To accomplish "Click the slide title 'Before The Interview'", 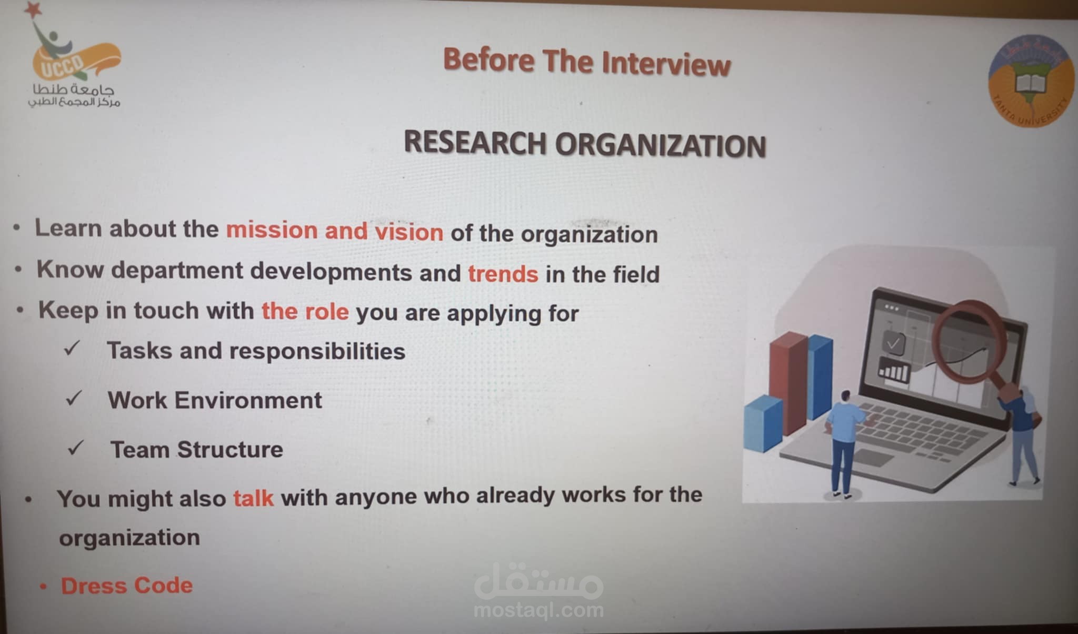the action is pos(587,62).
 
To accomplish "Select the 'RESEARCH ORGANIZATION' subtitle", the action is pos(585,144).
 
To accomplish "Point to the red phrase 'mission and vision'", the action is pos(335,231).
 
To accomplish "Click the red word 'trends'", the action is pos(503,274).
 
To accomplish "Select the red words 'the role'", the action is pos(305,311).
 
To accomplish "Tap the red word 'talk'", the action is pos(253,498).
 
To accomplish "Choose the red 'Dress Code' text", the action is pos(127,585).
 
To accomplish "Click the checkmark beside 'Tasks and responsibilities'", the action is pos(72,348).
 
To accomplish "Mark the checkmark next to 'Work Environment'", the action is pos(74,398).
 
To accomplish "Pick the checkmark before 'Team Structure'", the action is pos(76,448).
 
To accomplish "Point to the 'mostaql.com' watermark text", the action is pos(538,610).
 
